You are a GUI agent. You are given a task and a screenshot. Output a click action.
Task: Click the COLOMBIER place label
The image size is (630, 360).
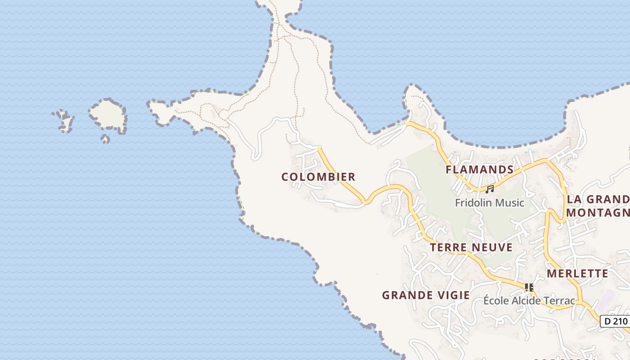pos(318,177)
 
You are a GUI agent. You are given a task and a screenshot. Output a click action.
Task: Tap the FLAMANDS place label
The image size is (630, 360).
pos(479,170)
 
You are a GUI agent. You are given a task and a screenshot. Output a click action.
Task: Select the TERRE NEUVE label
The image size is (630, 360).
pos(471,247)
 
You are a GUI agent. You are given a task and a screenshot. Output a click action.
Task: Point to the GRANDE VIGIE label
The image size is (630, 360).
pos(426,295)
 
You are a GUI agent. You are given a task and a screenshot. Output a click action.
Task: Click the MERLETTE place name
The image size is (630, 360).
pos(577,274)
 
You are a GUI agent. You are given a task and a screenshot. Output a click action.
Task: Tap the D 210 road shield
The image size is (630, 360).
pos(616,321)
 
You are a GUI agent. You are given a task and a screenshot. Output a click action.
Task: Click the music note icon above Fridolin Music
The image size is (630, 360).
pos(490,189)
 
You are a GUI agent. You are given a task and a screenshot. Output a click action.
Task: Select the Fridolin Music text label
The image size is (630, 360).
pos(490,202)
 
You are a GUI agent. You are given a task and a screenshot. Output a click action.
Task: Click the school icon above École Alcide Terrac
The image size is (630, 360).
pos(529,287)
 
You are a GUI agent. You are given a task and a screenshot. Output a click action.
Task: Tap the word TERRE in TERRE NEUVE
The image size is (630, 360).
pos(448,247)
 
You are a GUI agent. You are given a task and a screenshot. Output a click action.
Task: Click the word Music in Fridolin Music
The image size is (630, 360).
pos(509,202)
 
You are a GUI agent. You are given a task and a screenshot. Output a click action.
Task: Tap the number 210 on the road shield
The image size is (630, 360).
pos(620,321)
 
